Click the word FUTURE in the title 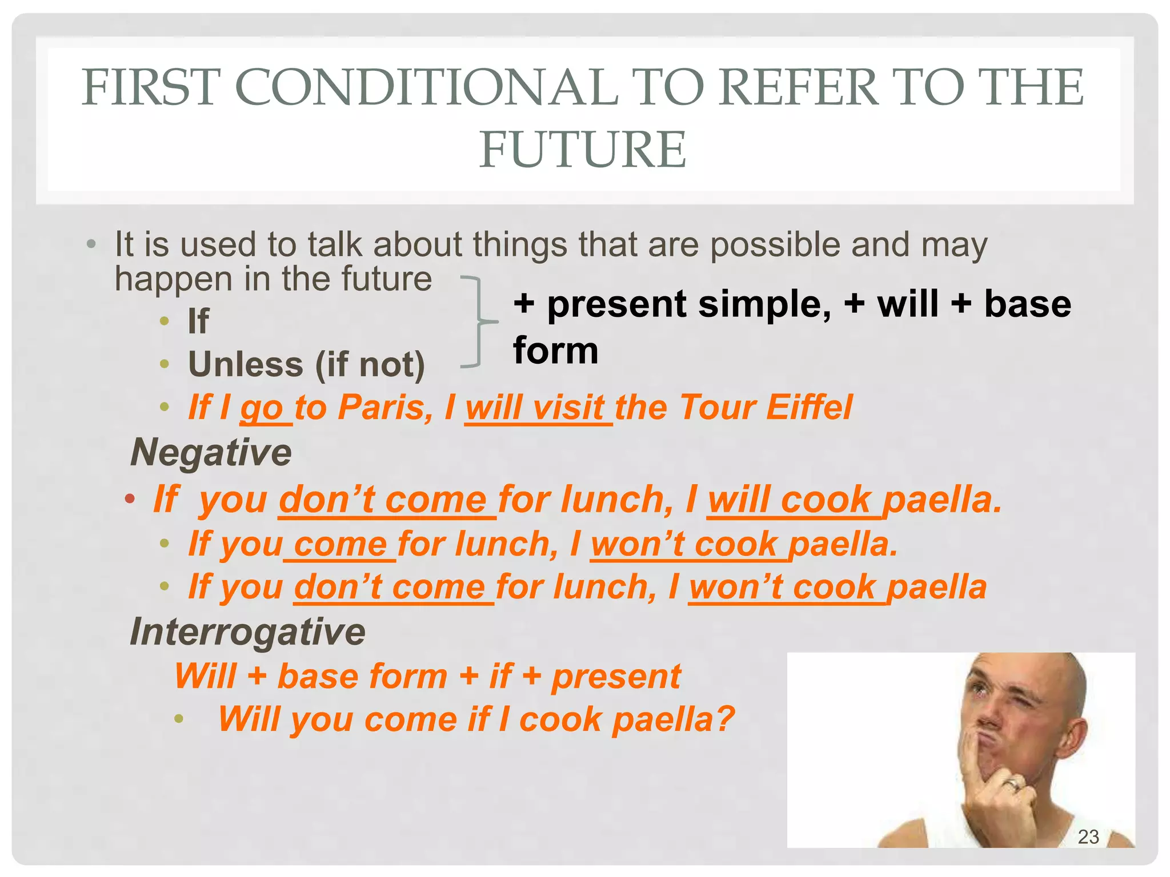click(x=582, y=150)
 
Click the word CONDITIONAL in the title click(x=426, y=87)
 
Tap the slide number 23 click(x=1088, y=836)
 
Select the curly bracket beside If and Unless click(x=478, y=322)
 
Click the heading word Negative click(x=211, y=452)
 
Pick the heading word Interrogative click(x=247, y=631)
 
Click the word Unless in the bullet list click(x=246, y=364)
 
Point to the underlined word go click(x=262, y=409)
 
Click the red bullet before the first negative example click(x=130, y=499)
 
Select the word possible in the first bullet click(x=775, y=246)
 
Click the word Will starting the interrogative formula click(x=205, y=676)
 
